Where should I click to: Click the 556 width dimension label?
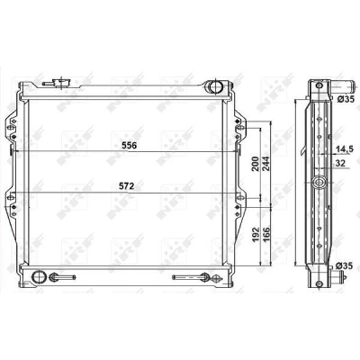130,146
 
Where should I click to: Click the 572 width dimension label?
126,186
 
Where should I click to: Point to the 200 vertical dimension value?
255,164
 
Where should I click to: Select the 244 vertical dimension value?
266,164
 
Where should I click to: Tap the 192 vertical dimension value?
255,235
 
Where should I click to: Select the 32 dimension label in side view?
340,163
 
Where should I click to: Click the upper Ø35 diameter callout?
346,99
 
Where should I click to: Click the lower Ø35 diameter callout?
346,265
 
